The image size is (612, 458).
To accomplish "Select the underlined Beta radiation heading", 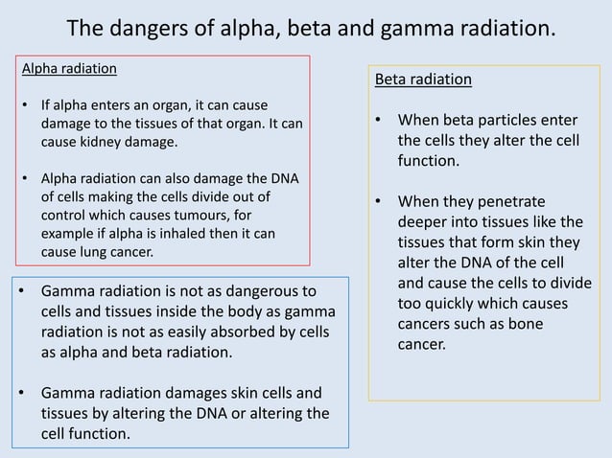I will coord(423,79).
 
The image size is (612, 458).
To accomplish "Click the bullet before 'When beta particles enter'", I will coord(379,121).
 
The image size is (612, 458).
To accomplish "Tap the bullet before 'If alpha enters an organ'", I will coord(24,104).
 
